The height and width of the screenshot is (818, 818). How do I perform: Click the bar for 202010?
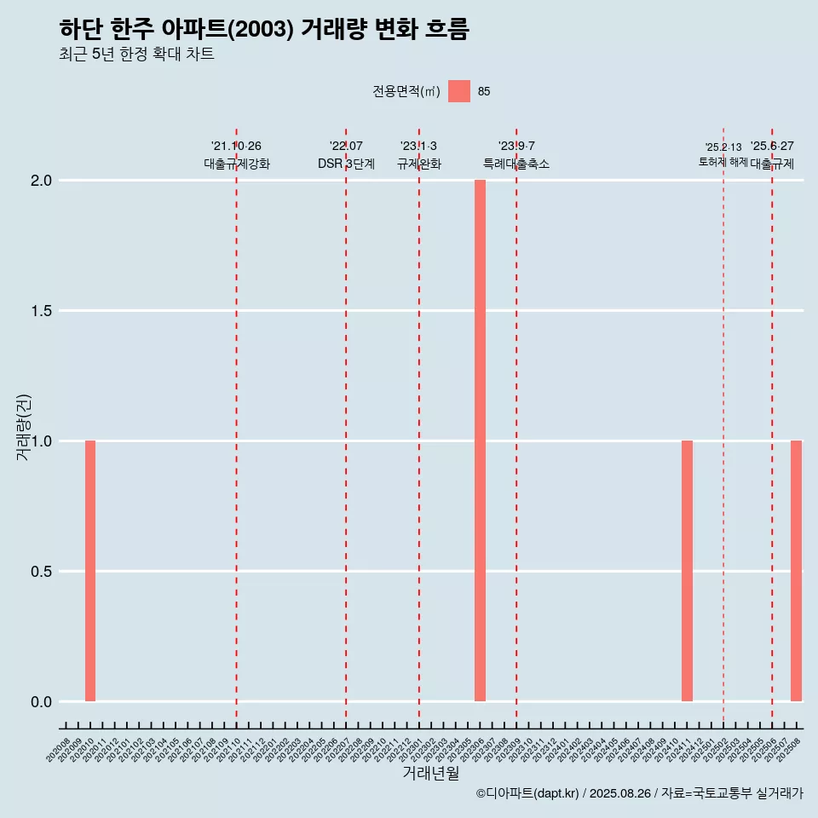click(90, 571)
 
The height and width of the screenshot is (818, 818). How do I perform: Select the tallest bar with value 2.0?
click(480, 441)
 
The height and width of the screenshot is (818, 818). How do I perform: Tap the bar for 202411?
click(687, 571)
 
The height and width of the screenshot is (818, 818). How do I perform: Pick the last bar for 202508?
click(796, 571)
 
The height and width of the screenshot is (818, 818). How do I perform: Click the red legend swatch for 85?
click(459, 91)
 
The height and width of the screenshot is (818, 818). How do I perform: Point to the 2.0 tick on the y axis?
click(42, 181)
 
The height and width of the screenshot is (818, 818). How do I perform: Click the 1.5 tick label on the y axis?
click(42, 311)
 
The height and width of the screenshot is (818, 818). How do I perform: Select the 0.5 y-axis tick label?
click(42, 572)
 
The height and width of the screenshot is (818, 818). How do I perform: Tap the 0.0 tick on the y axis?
click(42, 702)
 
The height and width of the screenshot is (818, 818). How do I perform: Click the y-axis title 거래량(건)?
click(23, 427)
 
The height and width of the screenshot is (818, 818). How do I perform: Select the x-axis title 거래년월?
click(430, 774)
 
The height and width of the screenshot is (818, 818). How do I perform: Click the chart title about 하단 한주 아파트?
click(264, 29)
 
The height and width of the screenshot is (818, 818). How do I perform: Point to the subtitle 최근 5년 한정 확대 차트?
click(136, 55)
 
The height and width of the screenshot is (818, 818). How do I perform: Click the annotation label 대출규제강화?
click(237, 164)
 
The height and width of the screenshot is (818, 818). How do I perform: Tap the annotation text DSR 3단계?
click(346, 164)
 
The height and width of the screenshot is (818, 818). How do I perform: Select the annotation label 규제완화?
click(419, 164)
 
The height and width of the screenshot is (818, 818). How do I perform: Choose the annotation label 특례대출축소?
click(516, 164)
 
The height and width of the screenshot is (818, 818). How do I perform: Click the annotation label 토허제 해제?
click(723, 162)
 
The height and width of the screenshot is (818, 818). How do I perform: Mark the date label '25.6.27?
click(772, 146)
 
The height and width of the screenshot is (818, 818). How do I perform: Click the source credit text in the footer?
click(639, 794)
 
